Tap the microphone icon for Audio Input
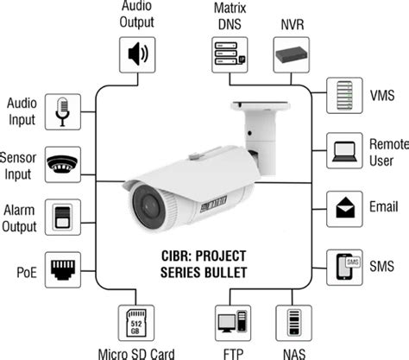66,112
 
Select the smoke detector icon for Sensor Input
66,164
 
